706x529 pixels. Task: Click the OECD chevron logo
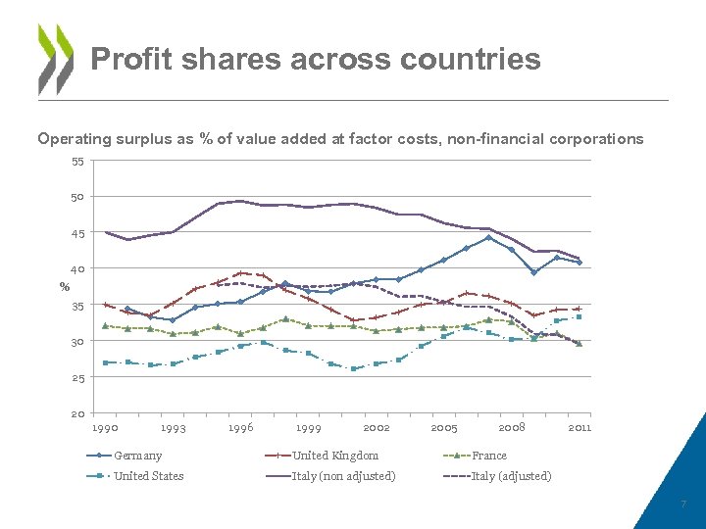pyautogui.click(x=56, y=59)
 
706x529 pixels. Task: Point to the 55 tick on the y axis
pyautogui.click(x=77, y=162)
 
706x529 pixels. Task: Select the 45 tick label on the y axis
pyautogui.click(x=77, y=234)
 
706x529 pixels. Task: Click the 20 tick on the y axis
pyautogui.click(x=77, y=414)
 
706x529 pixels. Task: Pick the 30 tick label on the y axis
pyautogui.click(x=77, y=342)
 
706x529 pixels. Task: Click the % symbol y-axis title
pyautogui.click(x=65, y=287)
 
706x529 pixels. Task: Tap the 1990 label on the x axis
pyautogui.click(x=105, y=428)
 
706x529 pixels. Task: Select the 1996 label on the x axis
pyautogui.click(x=240, y=428)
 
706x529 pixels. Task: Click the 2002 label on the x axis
pyautogui.click(x=377, y=428)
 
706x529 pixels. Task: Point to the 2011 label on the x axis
pyautogui.click(x=580, y=428)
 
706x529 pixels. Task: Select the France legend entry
pyautogui.click(x=489, y=456)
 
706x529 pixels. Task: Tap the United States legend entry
pyautogui.click(x=148, y=476)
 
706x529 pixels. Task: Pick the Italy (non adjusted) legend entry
pyautogui.click(x=344, y=476)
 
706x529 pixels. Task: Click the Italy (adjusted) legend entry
pyautogui.click(x=511, y=476)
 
